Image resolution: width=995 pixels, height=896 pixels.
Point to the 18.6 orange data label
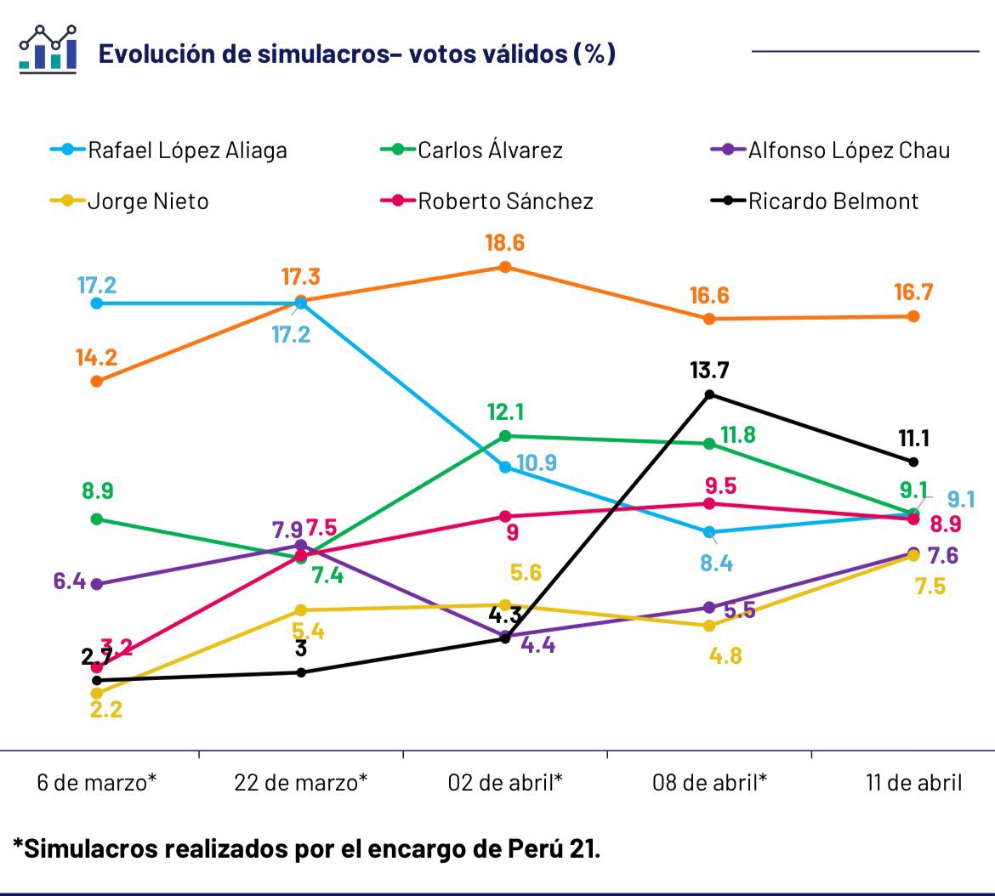[505, 243]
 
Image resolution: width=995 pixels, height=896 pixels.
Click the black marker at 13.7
[709, 394]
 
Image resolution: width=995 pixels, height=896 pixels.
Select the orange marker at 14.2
[97, 381]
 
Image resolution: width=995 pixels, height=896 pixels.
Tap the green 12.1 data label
[505, 412]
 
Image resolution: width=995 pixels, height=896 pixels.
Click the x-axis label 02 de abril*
[505, 782]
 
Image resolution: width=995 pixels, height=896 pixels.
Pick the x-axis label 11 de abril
[914, 782]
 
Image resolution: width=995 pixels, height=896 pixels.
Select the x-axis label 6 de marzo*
[97, 782]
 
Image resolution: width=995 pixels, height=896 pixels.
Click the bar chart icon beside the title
[48, 48]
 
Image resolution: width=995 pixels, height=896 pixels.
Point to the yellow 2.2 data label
[105, 710]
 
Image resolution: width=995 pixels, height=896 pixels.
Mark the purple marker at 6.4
[97, 584]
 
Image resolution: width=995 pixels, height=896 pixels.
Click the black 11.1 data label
[914, 438]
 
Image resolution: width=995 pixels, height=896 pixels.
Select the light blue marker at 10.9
[505, 468]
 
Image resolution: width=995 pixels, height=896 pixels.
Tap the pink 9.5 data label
[720, 486]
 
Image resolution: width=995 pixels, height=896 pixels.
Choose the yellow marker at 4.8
[709, 626]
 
